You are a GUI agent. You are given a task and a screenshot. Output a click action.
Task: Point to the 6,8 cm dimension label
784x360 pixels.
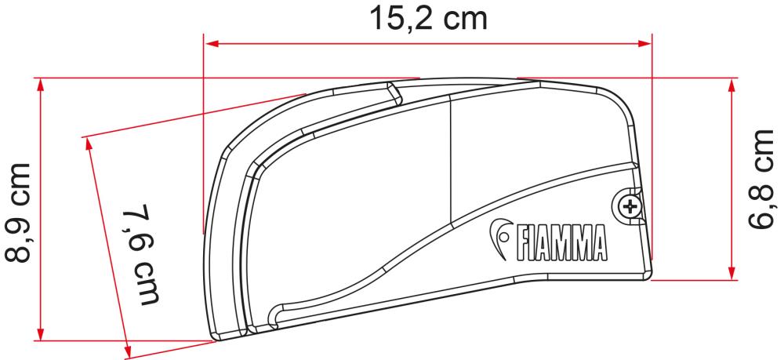764,178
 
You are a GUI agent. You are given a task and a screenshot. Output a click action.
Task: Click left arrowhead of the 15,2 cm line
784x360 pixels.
209,44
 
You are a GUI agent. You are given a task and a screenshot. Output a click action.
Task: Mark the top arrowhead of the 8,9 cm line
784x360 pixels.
40,83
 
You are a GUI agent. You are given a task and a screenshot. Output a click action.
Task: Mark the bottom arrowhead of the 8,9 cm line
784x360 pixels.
40,334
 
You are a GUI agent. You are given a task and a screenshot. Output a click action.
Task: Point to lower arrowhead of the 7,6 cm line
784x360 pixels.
125,348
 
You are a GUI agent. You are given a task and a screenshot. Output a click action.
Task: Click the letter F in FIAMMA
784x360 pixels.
518,244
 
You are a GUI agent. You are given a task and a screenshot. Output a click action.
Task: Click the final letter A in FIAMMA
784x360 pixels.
600,244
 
